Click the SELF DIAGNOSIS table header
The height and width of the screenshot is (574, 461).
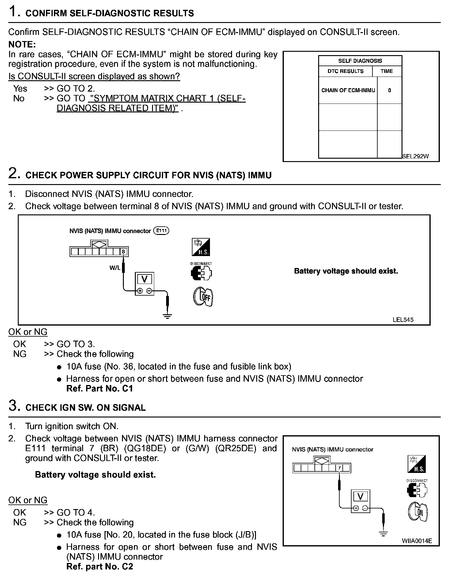click(x=360, y=61)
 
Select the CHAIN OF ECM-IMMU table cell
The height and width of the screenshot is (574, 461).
click(x=348, y=90)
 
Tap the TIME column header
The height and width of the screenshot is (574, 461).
click(x=387, y=71)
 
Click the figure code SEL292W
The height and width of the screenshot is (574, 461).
click(x=415, y=156)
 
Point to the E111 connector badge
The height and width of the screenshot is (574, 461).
click(x=161, y=231)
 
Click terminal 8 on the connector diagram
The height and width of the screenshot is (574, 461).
click(x=123, y=252)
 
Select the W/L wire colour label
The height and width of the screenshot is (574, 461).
click(x=115, y=268)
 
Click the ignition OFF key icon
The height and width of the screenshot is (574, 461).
click(x=203, y=296)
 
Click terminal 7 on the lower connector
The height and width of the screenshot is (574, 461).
click(x=339, y=468)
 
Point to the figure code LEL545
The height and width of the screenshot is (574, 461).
click(x=403, y=320)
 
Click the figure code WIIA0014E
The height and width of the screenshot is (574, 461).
click(x=417, y=541)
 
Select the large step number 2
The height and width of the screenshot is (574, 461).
click(x=14, y=174)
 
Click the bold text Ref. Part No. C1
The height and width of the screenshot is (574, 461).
click(x=100, y=388)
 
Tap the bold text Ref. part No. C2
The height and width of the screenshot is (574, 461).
click(x=100, y=566)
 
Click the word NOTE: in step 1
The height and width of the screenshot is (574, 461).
click(x=22, y=44)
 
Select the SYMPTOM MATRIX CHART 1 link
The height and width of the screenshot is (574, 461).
click(x=151, y=103)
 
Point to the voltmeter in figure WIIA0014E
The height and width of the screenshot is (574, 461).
click(x=360, y=501)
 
